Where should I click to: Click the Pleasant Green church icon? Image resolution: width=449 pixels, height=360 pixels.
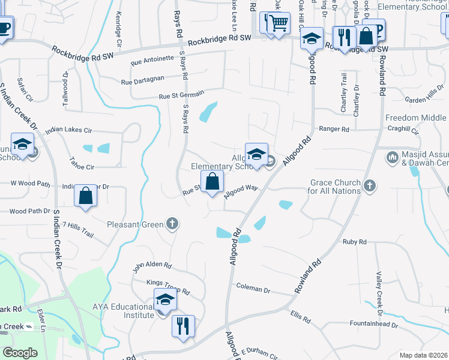172,224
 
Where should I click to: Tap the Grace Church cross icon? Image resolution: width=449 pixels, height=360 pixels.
369,186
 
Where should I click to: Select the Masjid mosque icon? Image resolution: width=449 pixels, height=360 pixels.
393,158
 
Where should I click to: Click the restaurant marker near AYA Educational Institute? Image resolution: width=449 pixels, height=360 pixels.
183,326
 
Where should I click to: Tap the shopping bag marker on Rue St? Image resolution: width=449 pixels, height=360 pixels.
212,181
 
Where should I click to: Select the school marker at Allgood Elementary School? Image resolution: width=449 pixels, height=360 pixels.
256,154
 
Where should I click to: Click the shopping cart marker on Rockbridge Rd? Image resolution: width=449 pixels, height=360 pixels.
278,24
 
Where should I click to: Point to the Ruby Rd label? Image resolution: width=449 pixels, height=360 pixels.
354,242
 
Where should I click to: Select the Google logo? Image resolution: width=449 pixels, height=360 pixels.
20,353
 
